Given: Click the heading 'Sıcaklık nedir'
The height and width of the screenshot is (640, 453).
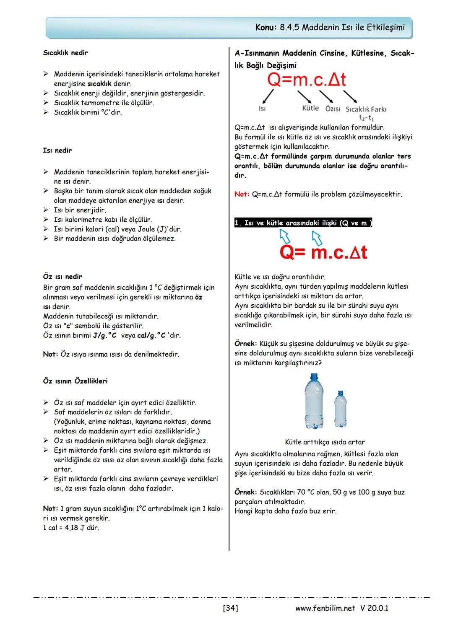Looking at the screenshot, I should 65,53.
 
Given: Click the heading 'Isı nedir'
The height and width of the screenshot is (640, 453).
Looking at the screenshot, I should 57,150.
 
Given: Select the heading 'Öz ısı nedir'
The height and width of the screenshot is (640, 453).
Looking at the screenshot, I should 62,277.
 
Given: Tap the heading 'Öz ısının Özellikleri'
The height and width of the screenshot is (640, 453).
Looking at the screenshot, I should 75,381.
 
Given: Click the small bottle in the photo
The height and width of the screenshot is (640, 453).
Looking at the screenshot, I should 340,409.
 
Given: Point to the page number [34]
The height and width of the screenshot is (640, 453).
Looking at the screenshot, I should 230,608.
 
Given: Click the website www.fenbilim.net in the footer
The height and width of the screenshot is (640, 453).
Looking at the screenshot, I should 325,608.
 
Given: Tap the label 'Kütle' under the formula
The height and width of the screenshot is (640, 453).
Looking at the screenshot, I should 310,108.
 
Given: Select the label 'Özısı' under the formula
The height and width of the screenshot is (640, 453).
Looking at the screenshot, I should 333,109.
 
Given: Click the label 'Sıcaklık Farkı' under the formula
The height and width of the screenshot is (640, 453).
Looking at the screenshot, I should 366,109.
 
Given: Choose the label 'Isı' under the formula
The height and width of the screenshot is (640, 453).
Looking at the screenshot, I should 262,109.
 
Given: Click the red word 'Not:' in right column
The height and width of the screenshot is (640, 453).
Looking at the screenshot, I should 242,194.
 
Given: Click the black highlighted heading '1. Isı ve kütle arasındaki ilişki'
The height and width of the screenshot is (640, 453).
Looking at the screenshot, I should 303,223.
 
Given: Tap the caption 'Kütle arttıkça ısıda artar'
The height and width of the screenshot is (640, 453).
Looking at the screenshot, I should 325,442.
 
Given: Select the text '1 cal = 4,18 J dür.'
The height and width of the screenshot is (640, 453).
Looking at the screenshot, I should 71,528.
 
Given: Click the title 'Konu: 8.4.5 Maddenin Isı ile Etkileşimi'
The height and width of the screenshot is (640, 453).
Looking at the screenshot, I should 330,28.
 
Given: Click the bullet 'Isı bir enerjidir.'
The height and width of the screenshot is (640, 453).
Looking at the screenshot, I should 80,210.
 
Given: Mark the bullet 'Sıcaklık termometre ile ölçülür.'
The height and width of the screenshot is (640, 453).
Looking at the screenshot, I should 104,103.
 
